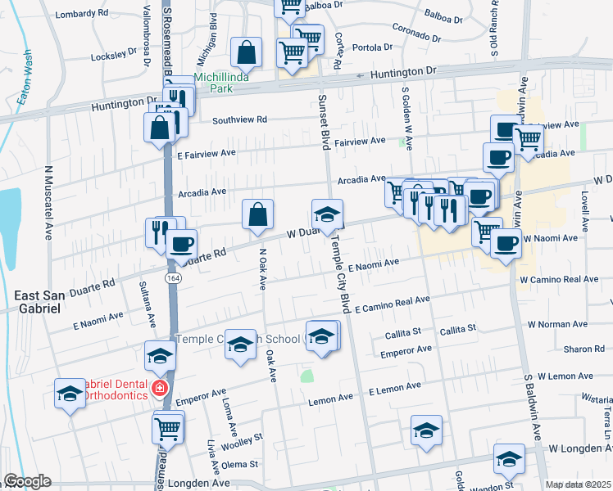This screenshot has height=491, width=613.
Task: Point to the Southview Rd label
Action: coord(240,119)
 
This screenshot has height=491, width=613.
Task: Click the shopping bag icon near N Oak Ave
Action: coord(257,214)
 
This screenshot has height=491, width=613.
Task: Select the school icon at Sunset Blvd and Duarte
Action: coord(326,214)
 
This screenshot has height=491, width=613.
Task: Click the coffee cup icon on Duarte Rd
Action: coord(181,243)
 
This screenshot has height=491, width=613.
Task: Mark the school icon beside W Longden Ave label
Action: coord(509,462)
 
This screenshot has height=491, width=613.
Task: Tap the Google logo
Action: coord(26,481)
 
